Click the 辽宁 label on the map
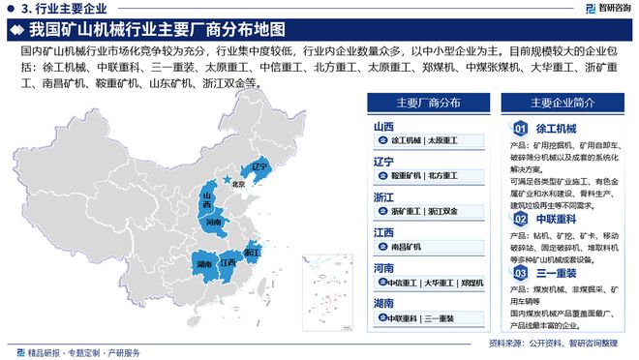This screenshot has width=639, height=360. click(258, 166)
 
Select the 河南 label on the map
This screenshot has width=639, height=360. click(214, 222)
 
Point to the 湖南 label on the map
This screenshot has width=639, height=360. click(203, 263)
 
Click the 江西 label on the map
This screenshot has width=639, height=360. click(228, 262)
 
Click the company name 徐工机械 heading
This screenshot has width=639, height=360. click(557, 129)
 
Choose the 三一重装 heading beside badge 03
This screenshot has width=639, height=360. click(557, 274)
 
